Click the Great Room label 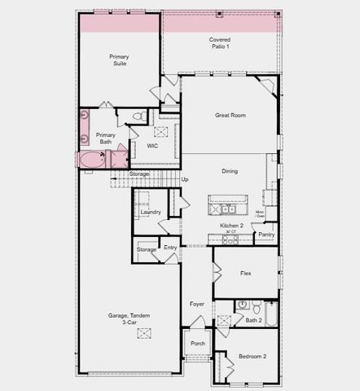pos(230,116)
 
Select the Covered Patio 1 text pos(219,42)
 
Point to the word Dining pos(230,171)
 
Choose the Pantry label pos(266,235)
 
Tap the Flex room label pos(245,274)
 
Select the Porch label pos(198,344)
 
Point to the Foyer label pos(197,304)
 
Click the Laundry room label pos(151,212)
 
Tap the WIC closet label pos(152,146)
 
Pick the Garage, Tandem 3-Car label pos(129,319)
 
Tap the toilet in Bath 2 pos(256,307)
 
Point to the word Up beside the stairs pos(185,179)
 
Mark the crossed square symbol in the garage pos(145,332)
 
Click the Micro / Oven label pos(260,213)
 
